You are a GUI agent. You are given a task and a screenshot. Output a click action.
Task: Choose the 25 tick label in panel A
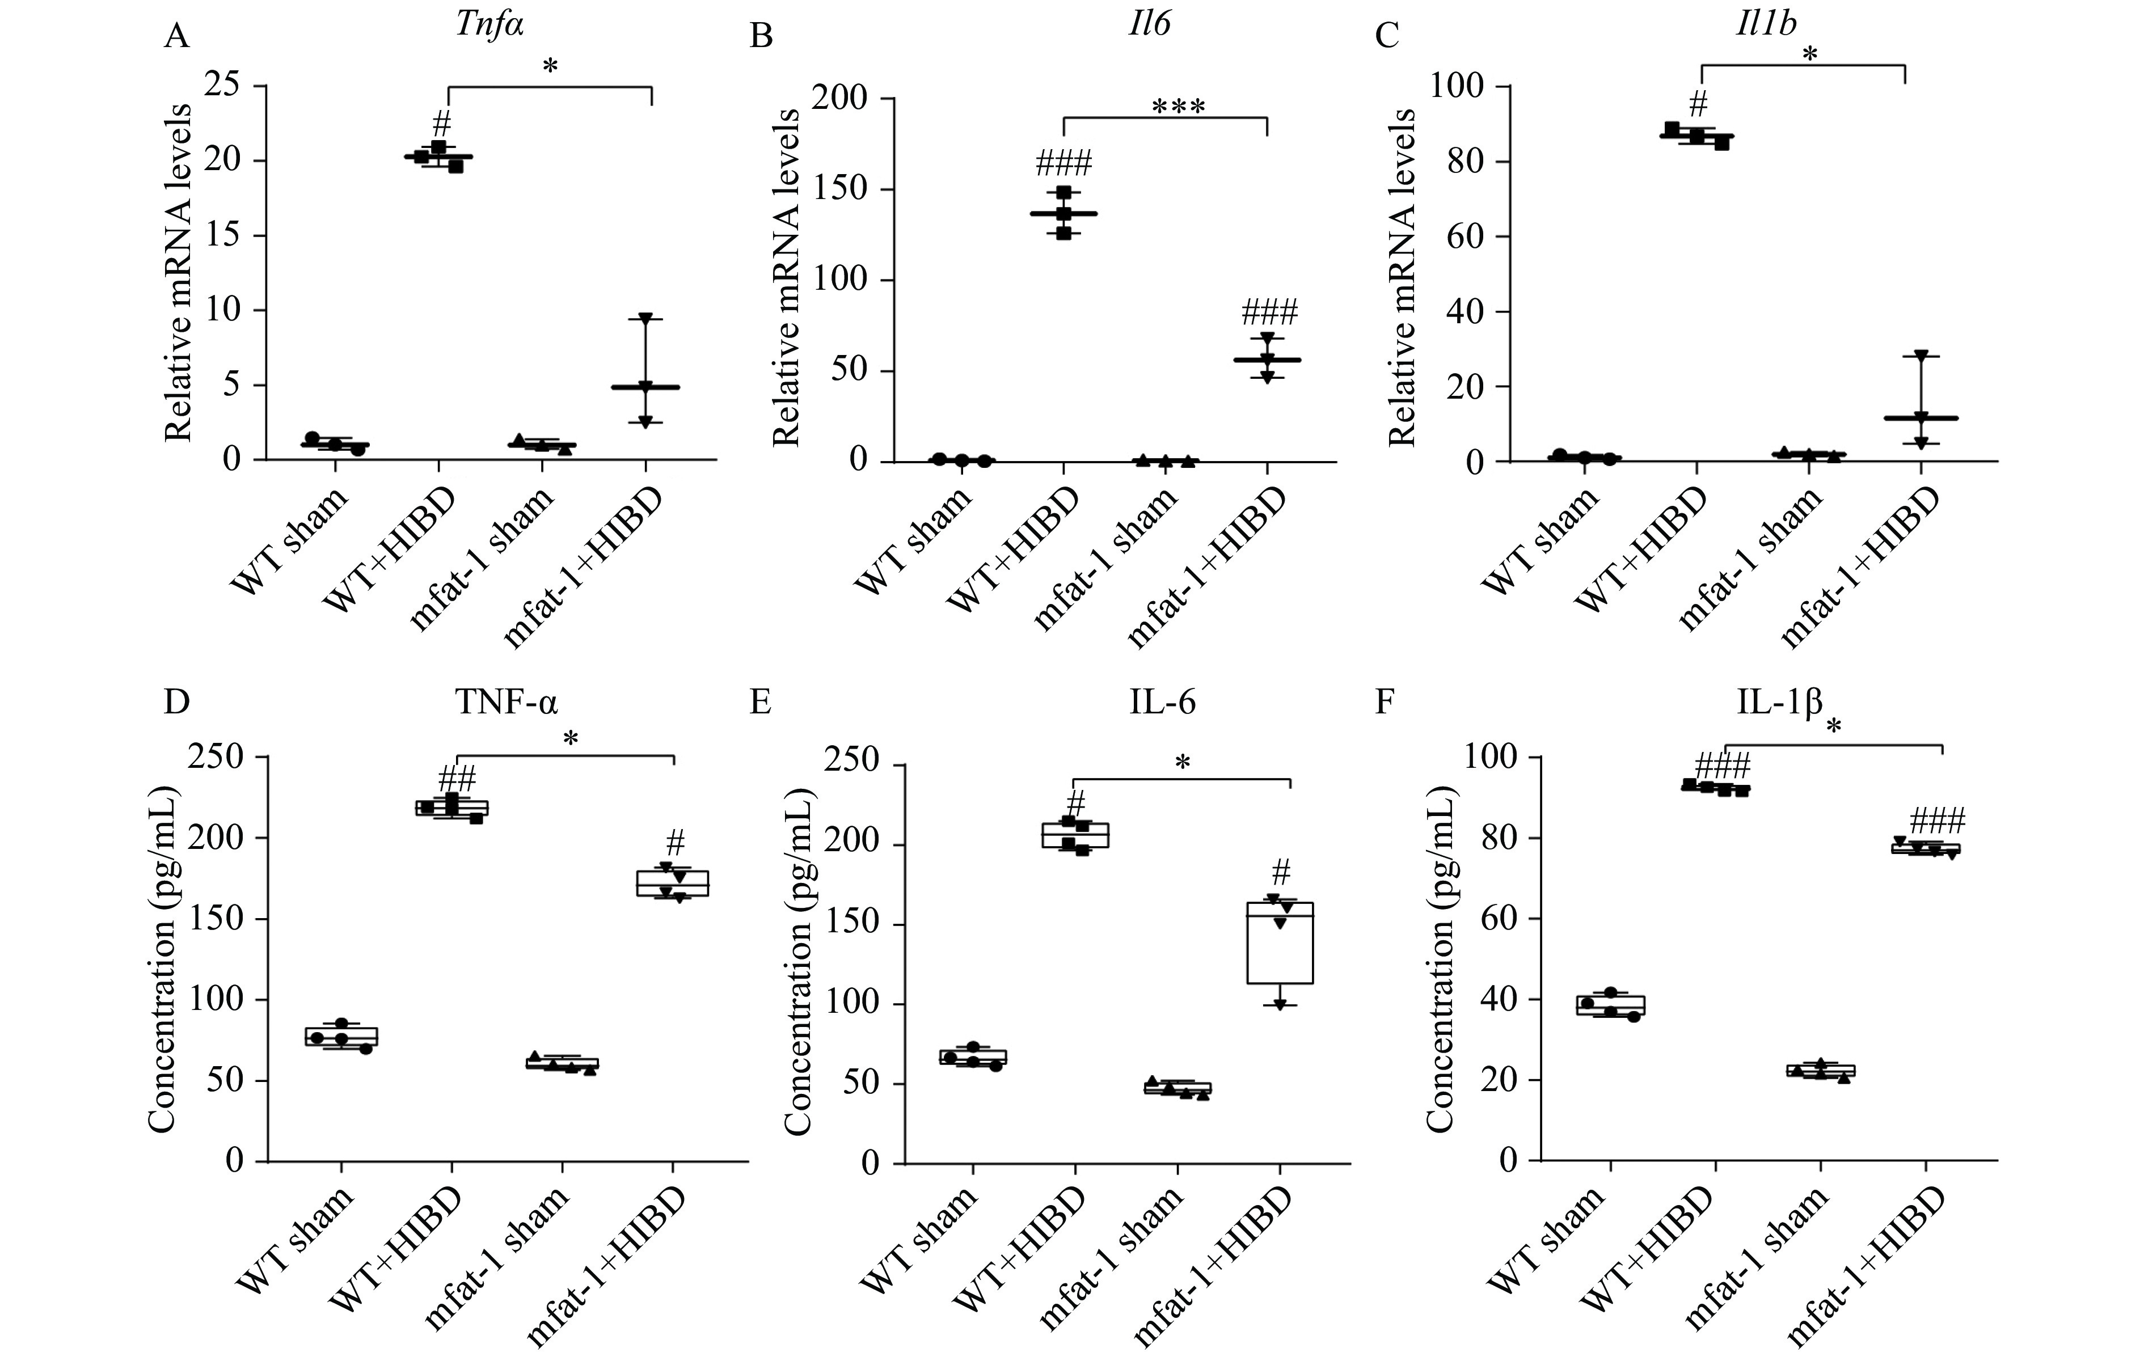(x=222, y=86)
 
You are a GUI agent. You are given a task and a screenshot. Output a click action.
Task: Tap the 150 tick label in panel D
(x=216, y=919)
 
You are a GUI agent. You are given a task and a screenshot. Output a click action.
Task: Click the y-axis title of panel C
(x=1402, y=276)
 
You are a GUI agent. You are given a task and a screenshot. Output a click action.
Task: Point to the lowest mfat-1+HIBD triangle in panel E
(x=1280, y=1005)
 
